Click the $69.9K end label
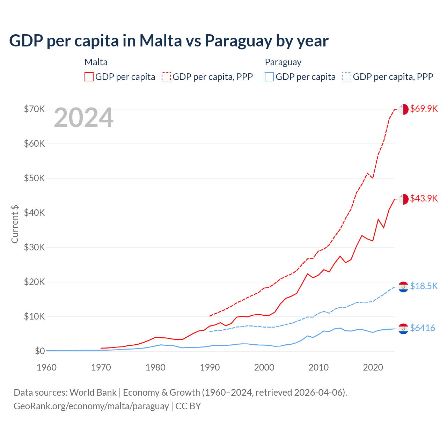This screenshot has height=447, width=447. click(424, 109)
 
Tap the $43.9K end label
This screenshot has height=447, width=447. click(424, 198)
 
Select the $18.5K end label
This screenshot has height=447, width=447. click(424, 286)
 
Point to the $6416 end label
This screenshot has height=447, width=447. click(422, 328)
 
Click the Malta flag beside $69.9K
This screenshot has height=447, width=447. click(403, 109)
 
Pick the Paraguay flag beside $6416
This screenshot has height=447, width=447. click(403, 328)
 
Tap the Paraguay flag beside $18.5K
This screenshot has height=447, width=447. click(403, 287)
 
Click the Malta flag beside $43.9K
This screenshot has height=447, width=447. click(403, 199)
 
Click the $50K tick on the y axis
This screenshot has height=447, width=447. click(34, 178)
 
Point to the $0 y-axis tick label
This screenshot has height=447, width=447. click(40, 351)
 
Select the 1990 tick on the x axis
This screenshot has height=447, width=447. click(210, 367)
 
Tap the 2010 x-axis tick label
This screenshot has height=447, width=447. click(318, 367)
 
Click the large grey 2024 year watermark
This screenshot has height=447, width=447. click(83, 118)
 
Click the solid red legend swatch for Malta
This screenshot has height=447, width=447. click(89, 77)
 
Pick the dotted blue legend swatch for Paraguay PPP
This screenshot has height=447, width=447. click(347, 77)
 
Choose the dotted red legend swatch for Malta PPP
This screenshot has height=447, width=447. click(166, 77)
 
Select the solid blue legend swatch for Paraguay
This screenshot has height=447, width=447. click(269, 77)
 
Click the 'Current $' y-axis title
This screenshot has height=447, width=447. click(15, 224)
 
